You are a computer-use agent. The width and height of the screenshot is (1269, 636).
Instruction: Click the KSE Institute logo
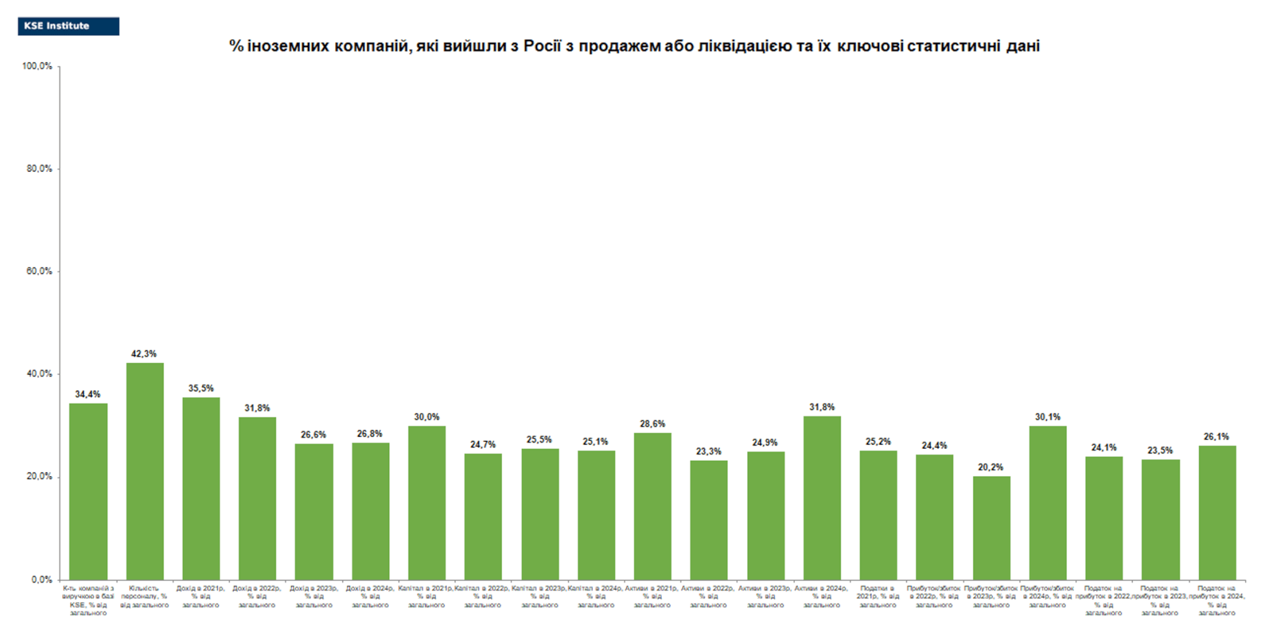coord(68,26)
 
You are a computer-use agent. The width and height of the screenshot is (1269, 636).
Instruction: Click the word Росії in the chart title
coord(542,46)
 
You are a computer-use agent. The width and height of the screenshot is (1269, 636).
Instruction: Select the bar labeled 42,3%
coord(145,471)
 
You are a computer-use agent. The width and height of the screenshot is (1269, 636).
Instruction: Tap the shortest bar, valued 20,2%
coord(991,528)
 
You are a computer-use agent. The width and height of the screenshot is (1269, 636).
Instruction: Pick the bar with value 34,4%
coord(88,491)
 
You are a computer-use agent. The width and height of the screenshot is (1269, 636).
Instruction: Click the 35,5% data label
coord(201,388)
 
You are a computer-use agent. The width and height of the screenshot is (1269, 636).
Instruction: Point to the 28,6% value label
coord(652,424)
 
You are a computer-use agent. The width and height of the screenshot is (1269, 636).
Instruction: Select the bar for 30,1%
coord(1048,502)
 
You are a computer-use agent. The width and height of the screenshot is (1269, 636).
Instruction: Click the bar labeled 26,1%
coord(1217,512)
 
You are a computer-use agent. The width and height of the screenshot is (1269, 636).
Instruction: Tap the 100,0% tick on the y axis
coord(37,66)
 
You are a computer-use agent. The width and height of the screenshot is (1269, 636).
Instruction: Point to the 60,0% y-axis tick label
coord(39,271)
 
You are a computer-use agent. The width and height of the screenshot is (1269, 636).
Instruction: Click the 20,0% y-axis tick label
coord(39,477)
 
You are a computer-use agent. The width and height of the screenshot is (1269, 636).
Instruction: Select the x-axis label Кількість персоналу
coord(144,596)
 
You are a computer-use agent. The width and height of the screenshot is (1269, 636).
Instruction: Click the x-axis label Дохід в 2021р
coord(201,596)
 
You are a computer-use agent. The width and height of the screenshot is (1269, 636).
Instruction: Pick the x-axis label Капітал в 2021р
coord(426,596)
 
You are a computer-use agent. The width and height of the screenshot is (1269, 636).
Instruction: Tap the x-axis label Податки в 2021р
coord(878,596)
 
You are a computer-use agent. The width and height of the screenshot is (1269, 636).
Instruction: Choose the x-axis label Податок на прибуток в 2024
coord(1217,600)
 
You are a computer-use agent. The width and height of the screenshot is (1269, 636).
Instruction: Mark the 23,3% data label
coord(708,451)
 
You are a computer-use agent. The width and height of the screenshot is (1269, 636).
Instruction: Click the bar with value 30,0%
coord(426,502)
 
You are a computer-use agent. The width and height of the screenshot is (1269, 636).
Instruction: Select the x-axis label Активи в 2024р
coord(822,596)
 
